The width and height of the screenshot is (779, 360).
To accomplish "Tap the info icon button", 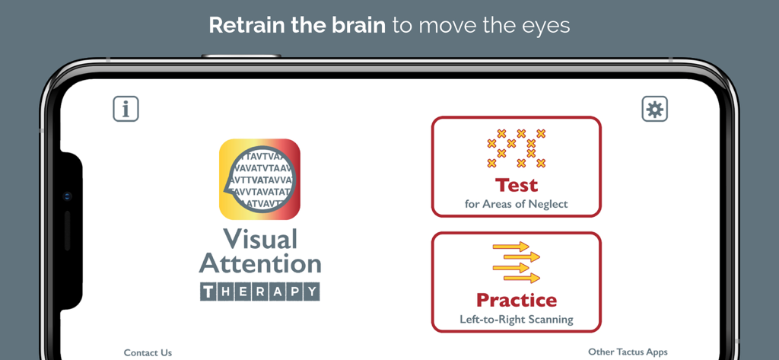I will [x=126, y=109].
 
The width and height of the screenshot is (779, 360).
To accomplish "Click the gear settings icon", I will [x=654, y=109].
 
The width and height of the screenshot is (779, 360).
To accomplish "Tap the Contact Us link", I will [x=148, y=352].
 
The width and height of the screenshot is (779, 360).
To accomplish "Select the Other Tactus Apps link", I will [x=628, y=352].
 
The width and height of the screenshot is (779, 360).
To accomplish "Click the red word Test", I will [x=517, y=185].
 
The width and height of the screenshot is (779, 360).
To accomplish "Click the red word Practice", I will [x=517, y=300].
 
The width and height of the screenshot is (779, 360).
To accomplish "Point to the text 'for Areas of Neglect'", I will [x=517, y=204].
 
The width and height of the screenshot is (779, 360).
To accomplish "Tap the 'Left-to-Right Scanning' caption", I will [x=517, y=320].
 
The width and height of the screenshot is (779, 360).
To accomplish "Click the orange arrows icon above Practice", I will [x=517, y=262].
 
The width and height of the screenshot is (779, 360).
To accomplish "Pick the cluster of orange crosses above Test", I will [x=517, y=148].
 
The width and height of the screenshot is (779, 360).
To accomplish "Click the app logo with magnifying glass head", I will [x=259, y=179].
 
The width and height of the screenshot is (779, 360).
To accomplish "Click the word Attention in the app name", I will [x=260, y=264].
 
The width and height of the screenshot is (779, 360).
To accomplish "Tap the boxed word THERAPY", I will [x=260, y=292].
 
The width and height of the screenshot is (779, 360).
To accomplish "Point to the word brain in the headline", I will [x=357, y=25].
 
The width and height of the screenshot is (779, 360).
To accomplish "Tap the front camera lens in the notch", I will [x=68, y=196].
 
